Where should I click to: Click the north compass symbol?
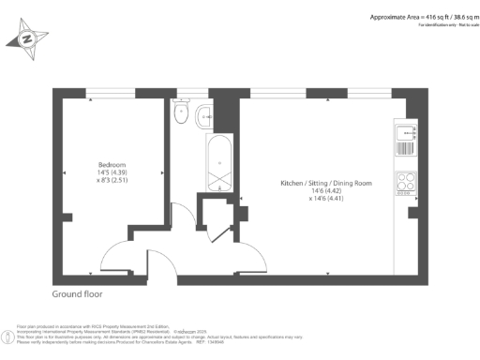click(x=26, y=38)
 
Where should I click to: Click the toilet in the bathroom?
click(x=180, y=114)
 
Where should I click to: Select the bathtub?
click(x=217, y=164)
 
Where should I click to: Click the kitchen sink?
click(x=407, y=132)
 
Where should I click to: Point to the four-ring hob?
click(x=407, y=184)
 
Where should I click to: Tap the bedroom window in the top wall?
click(x=112, y=93)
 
